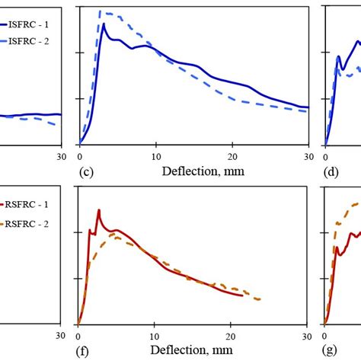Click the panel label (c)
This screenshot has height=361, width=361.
(87, 171)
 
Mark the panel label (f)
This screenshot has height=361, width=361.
(85, 352)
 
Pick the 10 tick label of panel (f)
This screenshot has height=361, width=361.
(155, 335)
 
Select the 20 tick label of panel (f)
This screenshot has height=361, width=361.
(232, 335)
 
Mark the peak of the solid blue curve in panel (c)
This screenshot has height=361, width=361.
(104, 24)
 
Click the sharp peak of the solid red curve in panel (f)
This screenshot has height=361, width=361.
(98, 210)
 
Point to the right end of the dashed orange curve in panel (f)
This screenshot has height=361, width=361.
(260, 299)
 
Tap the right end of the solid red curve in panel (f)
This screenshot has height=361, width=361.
(243, 295)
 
